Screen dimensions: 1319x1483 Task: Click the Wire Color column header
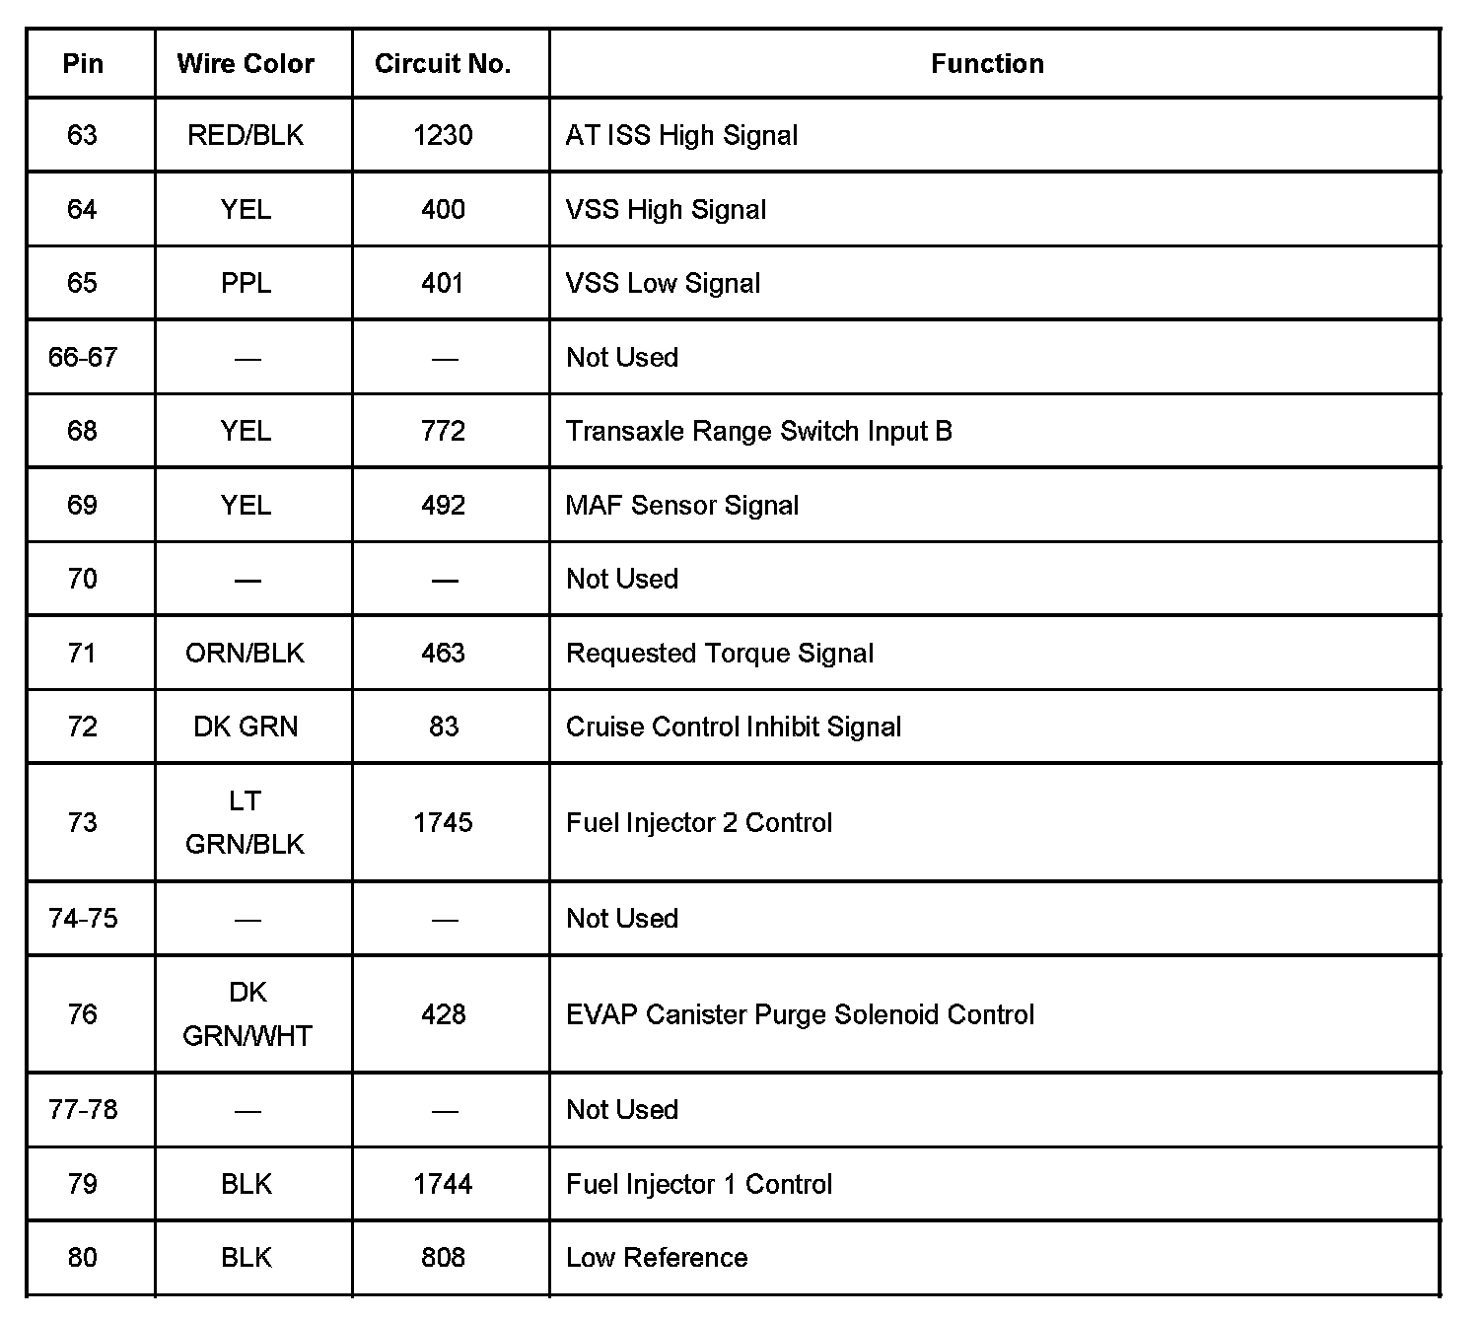246,64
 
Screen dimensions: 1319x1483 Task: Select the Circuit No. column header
443,64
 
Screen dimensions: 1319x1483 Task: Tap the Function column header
987,64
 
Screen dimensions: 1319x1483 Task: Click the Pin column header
83,64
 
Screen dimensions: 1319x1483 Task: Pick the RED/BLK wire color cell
246,135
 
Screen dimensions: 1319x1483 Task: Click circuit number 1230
443,135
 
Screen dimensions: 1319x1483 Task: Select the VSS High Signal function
666,209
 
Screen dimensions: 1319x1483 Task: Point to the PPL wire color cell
246,283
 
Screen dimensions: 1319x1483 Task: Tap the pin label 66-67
83,357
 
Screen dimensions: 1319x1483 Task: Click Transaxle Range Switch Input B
758,431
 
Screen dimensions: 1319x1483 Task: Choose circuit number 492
443,505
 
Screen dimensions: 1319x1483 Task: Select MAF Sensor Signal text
681,505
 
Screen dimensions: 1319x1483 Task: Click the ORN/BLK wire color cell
246,653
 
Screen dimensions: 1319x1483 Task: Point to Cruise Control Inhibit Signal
733,727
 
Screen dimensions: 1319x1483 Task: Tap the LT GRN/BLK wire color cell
246,822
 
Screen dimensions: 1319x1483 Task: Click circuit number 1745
443,822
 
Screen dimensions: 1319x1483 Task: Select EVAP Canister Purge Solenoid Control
800,1014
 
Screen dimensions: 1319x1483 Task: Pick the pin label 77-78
83,1109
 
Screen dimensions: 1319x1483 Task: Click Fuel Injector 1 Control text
698,1183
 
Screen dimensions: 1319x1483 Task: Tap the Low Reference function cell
657,1257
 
